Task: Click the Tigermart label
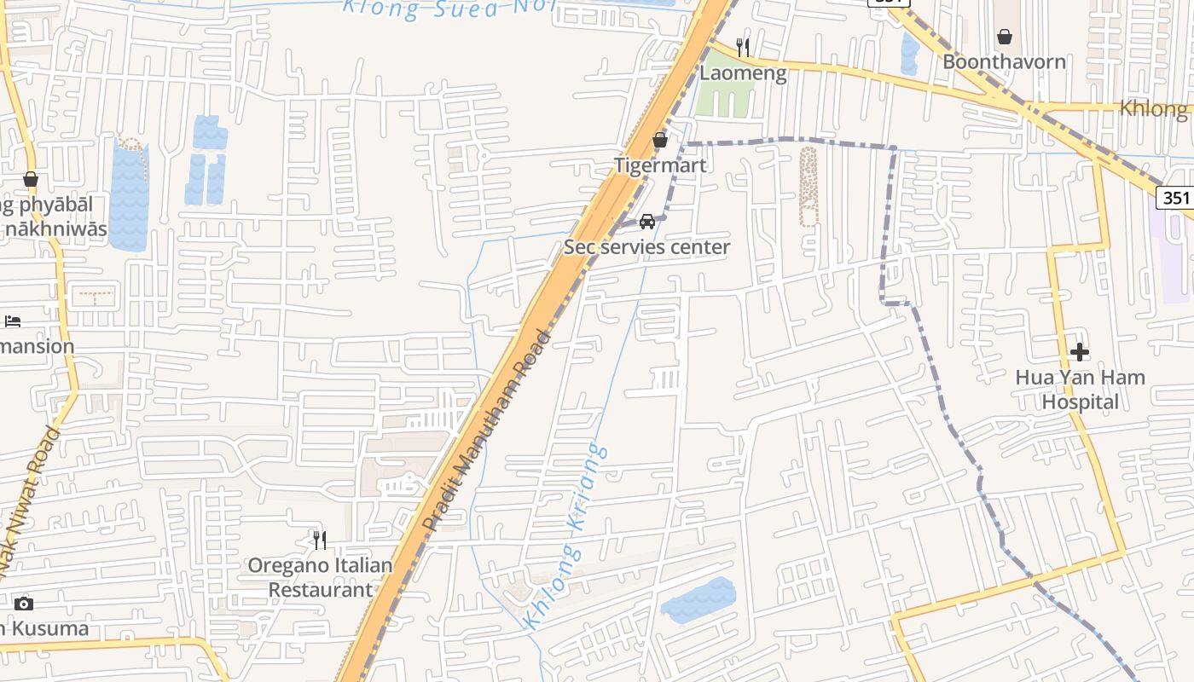(661, 165)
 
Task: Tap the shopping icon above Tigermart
(660, 140)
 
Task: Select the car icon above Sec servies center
(647, 222)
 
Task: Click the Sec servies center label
(646, 247)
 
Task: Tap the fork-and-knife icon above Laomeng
(743, 47)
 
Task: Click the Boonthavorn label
(1004, 61)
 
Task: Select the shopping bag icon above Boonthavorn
(1005, 37)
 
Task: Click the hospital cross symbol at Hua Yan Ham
(1080, 351)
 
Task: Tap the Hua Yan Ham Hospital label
(1080, 390)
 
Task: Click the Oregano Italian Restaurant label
(320, 577)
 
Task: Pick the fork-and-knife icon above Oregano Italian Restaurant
(320, 540)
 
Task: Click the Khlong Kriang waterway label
(567, 537)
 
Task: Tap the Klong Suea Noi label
(448, 9)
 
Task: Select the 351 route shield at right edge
(1175, 198)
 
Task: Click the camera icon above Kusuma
(24, 604)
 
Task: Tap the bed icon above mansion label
(13, 321)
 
